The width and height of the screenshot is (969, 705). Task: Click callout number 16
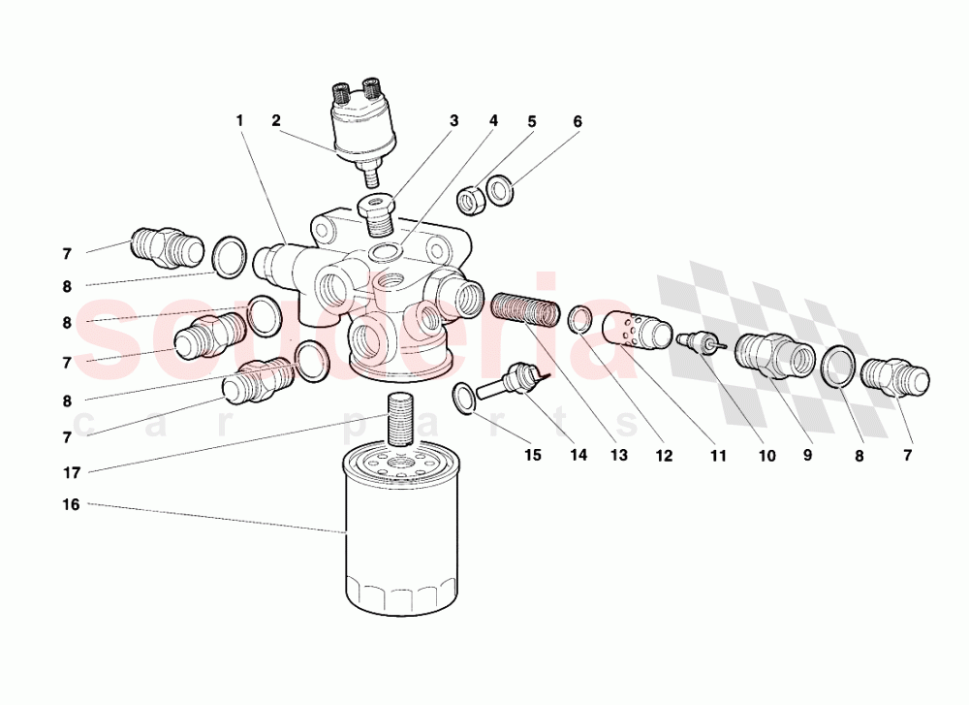coord(71,505)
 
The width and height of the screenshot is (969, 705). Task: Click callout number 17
coord(71,472)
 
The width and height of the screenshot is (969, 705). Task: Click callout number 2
coord(276,121)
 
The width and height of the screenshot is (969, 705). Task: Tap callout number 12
coord(664,455)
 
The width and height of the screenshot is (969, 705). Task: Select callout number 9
coord(807,455)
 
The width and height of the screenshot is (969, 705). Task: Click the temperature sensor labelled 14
coord(518,380)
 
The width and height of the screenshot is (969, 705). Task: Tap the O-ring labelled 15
coord(464,395)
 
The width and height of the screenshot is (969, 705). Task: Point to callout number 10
coord(767,455)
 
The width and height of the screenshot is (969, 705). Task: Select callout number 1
coord(238,121)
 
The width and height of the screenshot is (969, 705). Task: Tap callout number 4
coord(493,121)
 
